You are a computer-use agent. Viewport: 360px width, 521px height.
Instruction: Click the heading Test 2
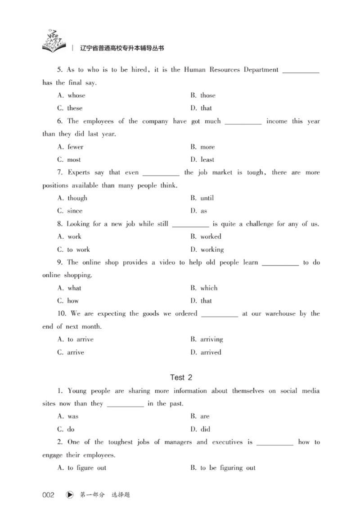click(x=181, y=377)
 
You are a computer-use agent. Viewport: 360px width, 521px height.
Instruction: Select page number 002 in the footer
click(x=48, y=495)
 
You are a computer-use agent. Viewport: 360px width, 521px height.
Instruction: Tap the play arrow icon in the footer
click(x=69, y=495)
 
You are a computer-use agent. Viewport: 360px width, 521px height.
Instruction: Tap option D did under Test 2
click(x=200, y=429)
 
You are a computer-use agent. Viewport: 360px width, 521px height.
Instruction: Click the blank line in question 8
click(x=190, y=224)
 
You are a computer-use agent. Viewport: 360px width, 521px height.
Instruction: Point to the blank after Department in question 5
click(x=301, y=71)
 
